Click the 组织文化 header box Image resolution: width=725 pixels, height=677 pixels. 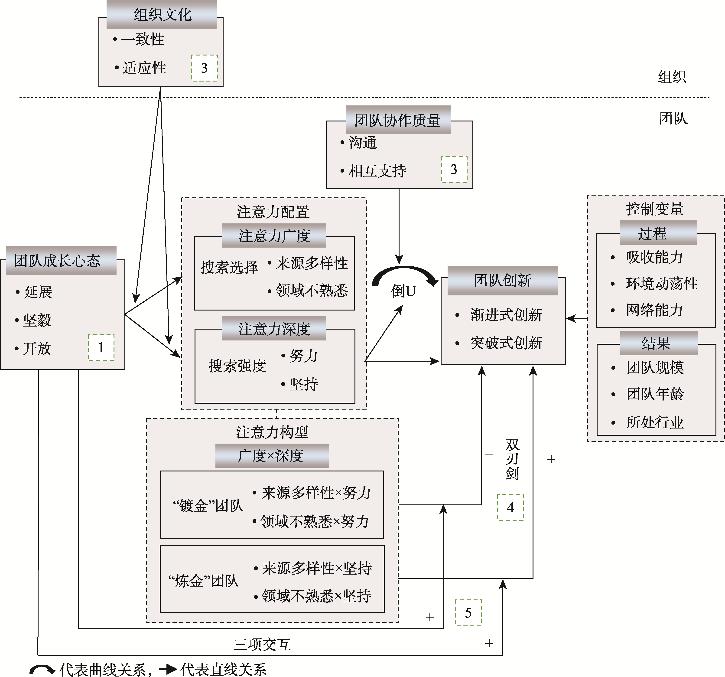162,15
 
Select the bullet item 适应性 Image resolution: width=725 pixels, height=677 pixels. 144,68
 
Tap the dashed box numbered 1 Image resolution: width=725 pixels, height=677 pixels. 101,348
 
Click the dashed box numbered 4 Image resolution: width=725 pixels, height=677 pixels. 510,507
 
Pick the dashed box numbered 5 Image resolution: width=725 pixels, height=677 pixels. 468,613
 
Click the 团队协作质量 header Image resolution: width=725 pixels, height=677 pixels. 398,120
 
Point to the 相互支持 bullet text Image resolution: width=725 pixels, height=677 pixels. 377,171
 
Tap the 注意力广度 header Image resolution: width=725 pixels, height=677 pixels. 274,236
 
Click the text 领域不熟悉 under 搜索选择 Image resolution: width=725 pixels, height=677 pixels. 312,290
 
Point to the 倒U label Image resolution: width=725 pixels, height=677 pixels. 403,291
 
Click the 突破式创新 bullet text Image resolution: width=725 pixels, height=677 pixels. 506,343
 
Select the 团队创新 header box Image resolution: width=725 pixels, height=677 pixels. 503,281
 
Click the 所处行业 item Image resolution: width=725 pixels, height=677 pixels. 655,422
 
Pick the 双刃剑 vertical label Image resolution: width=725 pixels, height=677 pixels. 512,459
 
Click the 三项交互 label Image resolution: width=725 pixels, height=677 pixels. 262,644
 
